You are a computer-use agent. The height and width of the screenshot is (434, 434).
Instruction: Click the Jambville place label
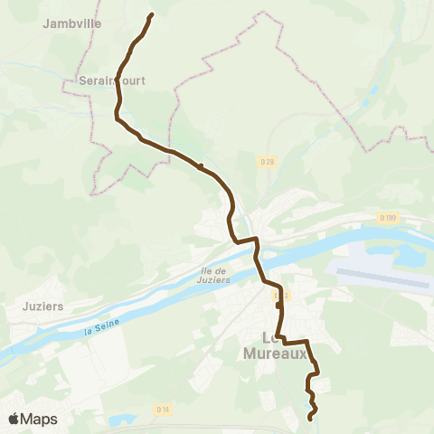72,24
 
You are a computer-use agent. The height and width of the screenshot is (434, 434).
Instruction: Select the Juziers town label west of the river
43,306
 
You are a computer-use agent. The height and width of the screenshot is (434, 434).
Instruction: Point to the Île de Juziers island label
213,274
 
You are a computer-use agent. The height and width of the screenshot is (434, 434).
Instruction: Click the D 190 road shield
387,218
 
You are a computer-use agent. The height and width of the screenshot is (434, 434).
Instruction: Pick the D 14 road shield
163,409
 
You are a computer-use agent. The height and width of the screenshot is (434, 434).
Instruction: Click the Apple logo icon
14,419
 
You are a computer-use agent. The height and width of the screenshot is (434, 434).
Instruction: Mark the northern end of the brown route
151,14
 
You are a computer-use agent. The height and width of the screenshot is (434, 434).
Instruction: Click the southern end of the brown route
311,418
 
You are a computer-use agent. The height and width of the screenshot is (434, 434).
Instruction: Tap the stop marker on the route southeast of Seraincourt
200,166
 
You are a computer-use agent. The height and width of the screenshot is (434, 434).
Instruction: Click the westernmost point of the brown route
116,114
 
